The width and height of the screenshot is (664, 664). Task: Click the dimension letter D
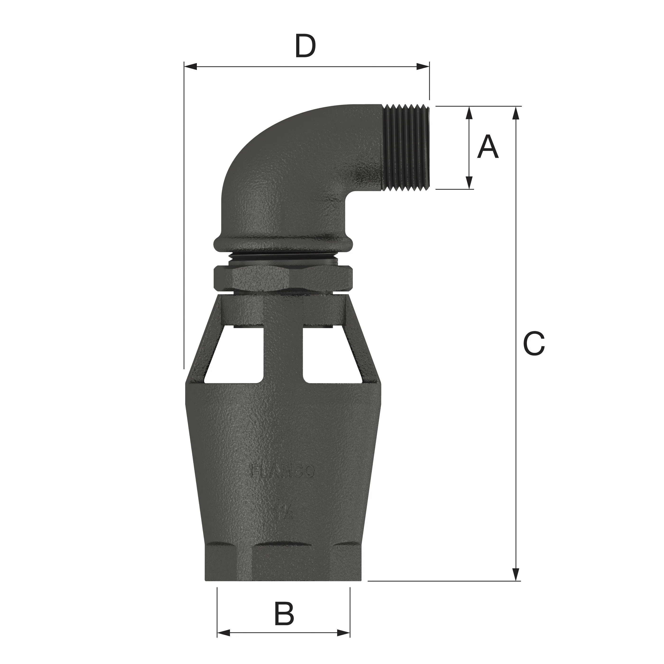click(305, 47)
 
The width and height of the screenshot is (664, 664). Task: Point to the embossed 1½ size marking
click(284, 512)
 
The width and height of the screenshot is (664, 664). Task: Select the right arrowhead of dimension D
click(423, 66)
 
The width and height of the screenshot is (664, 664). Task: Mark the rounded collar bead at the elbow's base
click(283, 244)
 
